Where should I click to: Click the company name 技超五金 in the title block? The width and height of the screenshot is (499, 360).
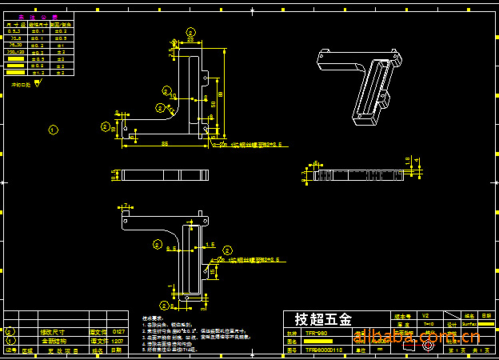323,319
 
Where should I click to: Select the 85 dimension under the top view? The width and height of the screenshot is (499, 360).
164,143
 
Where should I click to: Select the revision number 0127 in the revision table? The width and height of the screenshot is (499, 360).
118,331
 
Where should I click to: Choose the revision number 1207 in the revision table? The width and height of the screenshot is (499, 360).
118,341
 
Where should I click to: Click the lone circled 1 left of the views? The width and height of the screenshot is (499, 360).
54,129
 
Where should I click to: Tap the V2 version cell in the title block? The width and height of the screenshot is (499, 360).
425,315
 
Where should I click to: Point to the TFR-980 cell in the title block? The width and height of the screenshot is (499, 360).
316,333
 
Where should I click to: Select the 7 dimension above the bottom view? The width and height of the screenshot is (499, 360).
126,206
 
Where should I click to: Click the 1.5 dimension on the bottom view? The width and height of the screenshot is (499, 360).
210,244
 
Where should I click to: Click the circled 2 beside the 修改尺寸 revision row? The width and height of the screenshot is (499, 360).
10,331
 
